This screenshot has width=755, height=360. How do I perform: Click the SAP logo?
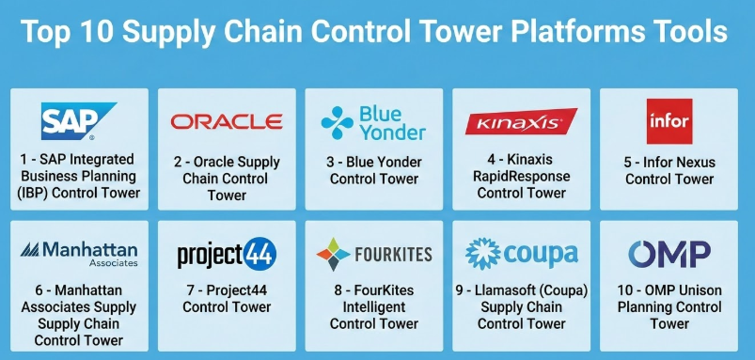pos(77,121)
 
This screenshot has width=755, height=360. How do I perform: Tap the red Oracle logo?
pos(227,122)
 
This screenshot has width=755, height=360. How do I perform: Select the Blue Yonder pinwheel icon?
pos(337,123)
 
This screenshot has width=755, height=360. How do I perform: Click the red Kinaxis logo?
pos(522,121)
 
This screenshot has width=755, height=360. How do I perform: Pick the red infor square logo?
pos(669,121)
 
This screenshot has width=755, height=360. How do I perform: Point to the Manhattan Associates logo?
pos(79,254)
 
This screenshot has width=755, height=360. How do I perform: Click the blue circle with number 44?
pos(260,254)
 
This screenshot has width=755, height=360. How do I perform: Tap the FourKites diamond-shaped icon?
pos(333,254)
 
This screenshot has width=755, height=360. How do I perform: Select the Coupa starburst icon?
pos(483,254)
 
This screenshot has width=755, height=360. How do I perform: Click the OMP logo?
pos(669,254)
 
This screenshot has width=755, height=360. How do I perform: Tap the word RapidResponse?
pos(522,176)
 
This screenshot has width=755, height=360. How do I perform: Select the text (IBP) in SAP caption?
pos(34,193)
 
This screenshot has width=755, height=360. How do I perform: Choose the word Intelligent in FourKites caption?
pos(374,307)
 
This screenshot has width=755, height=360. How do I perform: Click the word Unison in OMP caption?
pos(698,290)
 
